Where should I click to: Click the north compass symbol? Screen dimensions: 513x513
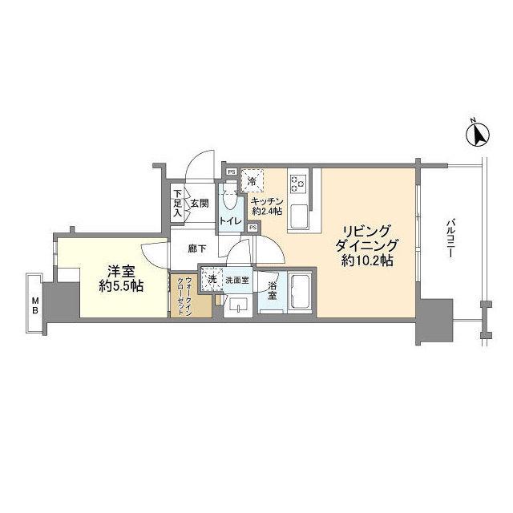pos(478,134)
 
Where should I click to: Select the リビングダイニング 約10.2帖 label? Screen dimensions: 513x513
pos(367,245)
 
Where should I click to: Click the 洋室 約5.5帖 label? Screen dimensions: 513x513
pos(121,278)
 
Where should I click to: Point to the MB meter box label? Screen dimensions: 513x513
pos(35,305)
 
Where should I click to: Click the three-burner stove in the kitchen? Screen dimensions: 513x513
pos(297,184)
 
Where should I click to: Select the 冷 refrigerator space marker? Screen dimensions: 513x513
pos(252,180)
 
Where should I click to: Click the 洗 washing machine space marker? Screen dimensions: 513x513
pos(212,280)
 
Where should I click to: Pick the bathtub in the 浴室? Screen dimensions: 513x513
pos(301,292)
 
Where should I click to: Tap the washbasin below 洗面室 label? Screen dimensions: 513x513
pos(238,305)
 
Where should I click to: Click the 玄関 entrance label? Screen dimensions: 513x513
pos(200,204)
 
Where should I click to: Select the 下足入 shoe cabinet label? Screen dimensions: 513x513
pos(177,204)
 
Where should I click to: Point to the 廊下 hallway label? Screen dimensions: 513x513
pos(197,249)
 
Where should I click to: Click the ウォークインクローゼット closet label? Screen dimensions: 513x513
pos(184,296)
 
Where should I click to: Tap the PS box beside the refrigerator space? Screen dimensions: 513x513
pos(232,172)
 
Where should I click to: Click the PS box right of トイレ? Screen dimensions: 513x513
pos(253,228)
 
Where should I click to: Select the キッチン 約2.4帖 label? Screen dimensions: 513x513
pos(267,206)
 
